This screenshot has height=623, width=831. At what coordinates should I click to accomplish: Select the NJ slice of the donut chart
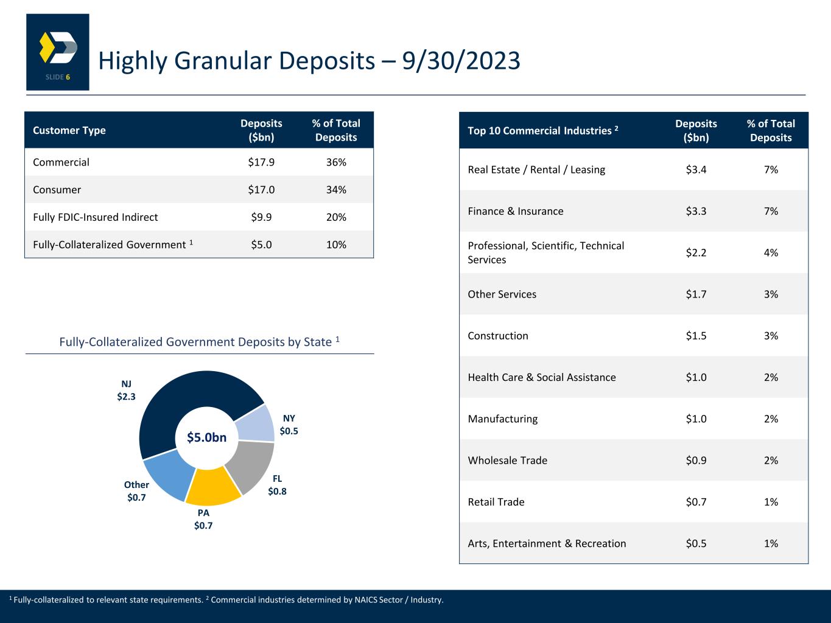(183, 395)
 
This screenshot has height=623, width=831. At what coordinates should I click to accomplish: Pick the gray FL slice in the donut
(253, 465)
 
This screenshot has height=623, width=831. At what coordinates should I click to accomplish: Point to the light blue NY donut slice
(256, 422)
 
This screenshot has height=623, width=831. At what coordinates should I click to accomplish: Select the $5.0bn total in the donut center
(207, 437)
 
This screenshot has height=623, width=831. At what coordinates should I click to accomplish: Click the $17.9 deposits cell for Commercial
(261, 162)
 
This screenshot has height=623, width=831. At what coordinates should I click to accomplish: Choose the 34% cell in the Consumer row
(336, 190)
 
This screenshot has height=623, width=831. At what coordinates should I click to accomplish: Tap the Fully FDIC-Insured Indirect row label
(96, 217)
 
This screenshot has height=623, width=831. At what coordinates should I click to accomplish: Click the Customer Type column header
(69, 130)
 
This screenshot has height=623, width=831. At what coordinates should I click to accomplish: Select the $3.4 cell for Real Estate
(696, 170)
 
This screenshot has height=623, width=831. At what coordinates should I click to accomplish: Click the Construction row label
(498, 336)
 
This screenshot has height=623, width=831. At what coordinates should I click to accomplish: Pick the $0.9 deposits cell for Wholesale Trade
(696, 461)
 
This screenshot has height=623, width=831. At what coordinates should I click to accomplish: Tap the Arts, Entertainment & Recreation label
(547, 544)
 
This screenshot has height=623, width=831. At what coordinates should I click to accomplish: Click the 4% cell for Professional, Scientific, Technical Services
(771, 252)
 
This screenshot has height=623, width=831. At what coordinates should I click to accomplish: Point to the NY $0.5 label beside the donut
(289, 425)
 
